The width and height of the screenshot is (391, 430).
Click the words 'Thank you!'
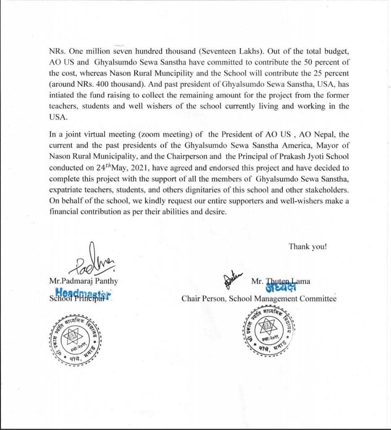(308, 246)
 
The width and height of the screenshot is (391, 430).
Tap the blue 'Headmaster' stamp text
(84, 294)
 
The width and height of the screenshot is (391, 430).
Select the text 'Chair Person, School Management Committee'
(259, 299)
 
